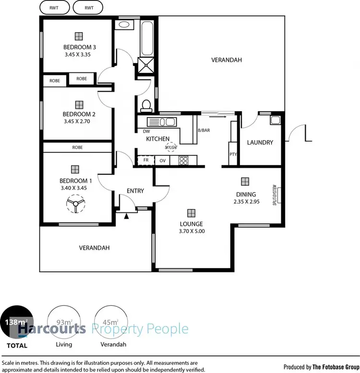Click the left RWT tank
[x=54, y=8]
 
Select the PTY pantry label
[x=232, y=154]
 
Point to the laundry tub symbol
[x=275, y=120]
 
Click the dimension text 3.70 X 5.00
[x=191, y=231]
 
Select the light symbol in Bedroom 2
[x=79, y=104]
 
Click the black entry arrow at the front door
[x=127, y=217]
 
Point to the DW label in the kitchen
[x=146, y=131]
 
